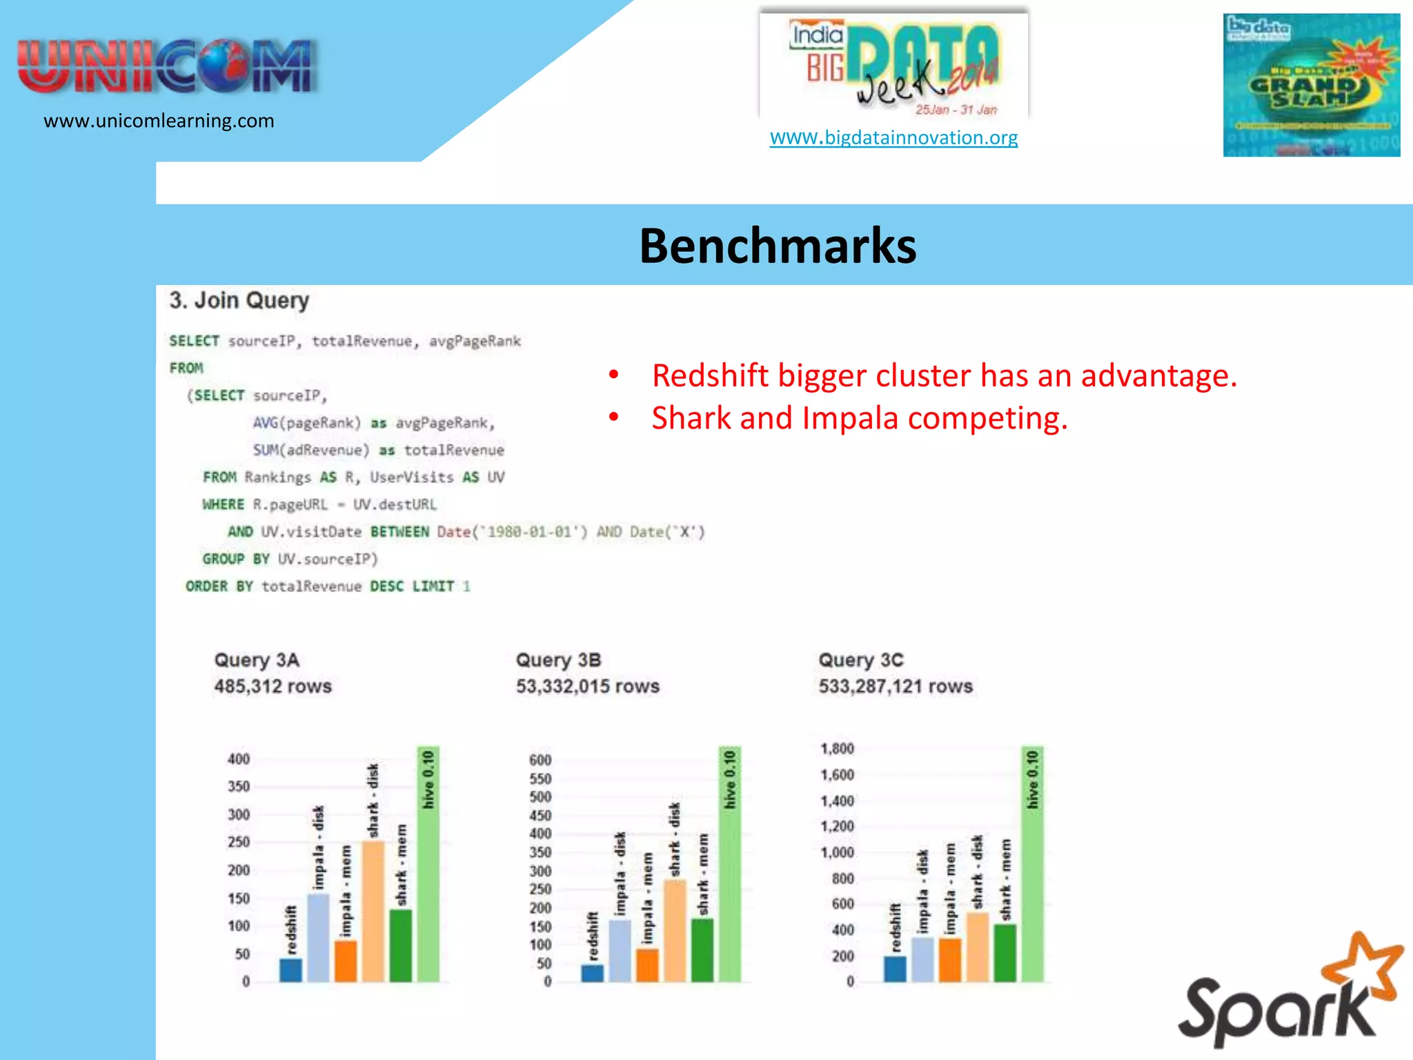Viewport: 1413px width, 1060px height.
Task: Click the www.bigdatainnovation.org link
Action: coord(893,137)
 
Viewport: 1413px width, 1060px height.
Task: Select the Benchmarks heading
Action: coord(778,246)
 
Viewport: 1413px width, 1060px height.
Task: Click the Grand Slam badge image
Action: coord(1311,85)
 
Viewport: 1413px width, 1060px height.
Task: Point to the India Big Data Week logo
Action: coord(894,66)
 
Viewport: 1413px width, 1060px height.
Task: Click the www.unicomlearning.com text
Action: coord(159,121)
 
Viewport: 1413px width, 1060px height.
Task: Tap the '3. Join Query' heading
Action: coord(239,300)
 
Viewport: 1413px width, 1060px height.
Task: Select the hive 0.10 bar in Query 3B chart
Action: coord(730,863)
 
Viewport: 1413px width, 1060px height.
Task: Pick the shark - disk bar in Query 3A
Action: coord(373,911)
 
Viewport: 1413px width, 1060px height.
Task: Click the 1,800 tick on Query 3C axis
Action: coord(837,749)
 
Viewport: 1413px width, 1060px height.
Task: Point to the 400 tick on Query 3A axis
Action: coord(239,759)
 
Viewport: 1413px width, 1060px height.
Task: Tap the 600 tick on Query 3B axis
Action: coord(540,760)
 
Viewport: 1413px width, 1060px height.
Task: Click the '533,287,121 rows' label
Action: coord(896,687)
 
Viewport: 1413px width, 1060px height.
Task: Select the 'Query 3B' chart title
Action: coord(558,660)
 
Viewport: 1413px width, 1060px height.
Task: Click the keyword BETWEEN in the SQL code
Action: coord(399,532)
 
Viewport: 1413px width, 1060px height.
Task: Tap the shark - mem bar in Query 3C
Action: coord(1005,952)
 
